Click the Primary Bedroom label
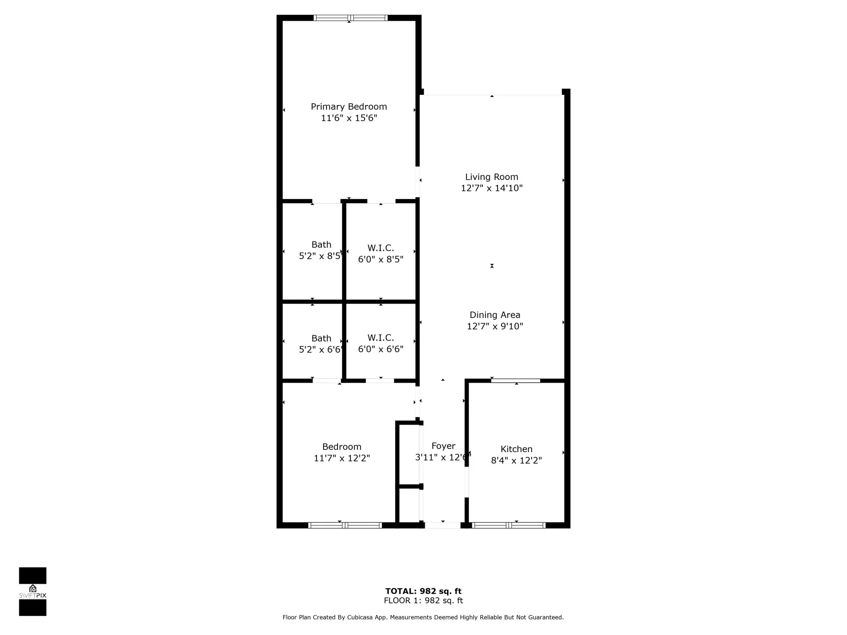tap(349, 107)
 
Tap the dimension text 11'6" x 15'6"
tap(349, 118)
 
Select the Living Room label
tap(491, 177)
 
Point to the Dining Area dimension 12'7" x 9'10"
tap(495, 326)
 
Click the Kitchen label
tap(516, 449)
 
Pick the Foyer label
tap(443, 446)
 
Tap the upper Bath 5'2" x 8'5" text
tap(321, 256)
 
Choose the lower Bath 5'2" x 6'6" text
tap(321, 350)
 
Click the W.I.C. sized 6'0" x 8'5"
tap(380, 259)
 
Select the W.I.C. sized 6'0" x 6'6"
tap(380, 349)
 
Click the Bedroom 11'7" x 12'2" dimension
tap(341, 458)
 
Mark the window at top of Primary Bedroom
tap(350, 18)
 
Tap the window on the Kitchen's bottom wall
tap(508, 525)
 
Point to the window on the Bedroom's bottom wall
tap(345, 525)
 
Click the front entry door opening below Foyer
tap(442, 525)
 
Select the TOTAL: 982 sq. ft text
tap(423, 591)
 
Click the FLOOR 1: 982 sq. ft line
tap(423, 600)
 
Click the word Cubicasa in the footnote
tap(360, 617)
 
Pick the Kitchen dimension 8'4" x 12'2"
tap(516, 461)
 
